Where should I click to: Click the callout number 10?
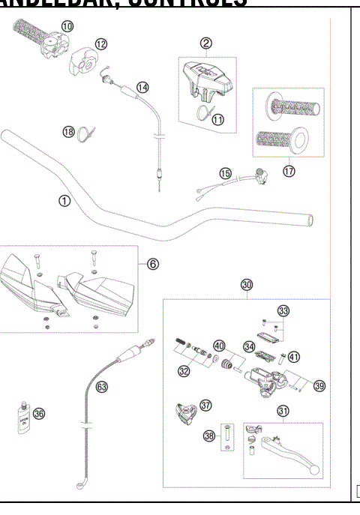67,26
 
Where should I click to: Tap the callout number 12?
100,44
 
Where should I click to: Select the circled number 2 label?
204,43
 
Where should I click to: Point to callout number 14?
142,87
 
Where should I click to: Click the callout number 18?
68,132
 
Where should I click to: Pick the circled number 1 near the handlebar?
64,201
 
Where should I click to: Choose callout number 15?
224,173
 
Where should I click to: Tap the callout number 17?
289,170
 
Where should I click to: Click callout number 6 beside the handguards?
152,264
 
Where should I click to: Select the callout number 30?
247,285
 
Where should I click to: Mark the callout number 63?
102,388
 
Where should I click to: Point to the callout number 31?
283,410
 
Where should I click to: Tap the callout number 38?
208,435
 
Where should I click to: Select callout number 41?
293,358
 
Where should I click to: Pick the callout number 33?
283,310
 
